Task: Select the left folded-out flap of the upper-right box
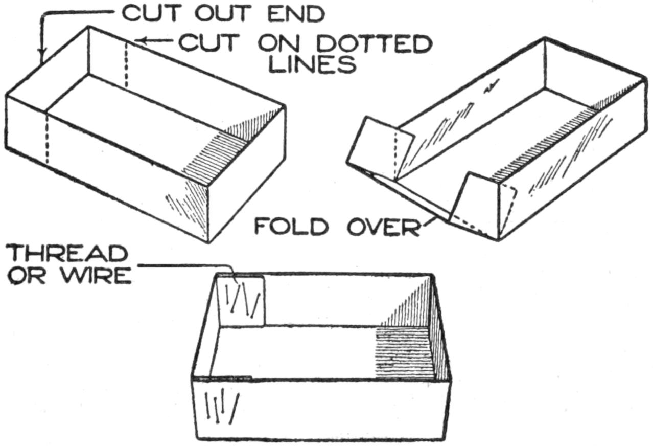(379, 146)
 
